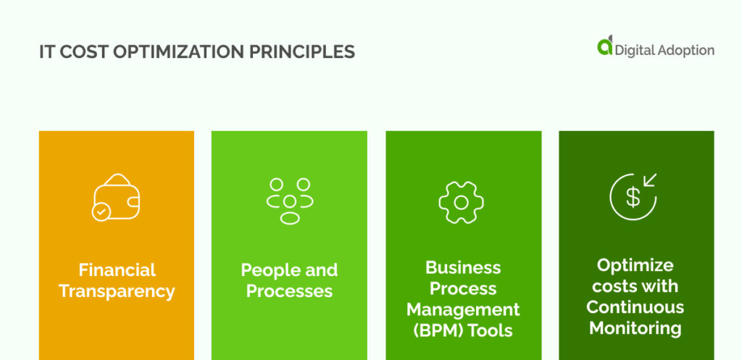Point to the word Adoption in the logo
click(685, 50)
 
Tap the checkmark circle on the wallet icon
click(100, 212)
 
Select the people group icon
click(290, 201)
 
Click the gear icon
click(461, 201)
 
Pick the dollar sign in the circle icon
click(633, 197)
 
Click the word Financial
click(117, 270)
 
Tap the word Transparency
click(117, 291)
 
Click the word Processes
click(289, 291)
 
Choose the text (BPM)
click(432, 330)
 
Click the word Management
click(463, 309)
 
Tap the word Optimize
click(635, 265)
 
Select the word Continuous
click(635, 307)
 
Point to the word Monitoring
click(635, 328)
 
